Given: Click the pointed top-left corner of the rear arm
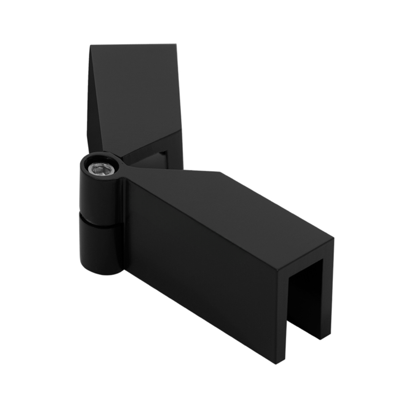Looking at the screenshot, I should tap(91, 46).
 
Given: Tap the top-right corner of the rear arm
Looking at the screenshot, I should tap(176, 45).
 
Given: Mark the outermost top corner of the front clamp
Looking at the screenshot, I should tap(334, 239).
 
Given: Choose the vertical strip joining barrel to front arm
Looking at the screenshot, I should tap(123, 225).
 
